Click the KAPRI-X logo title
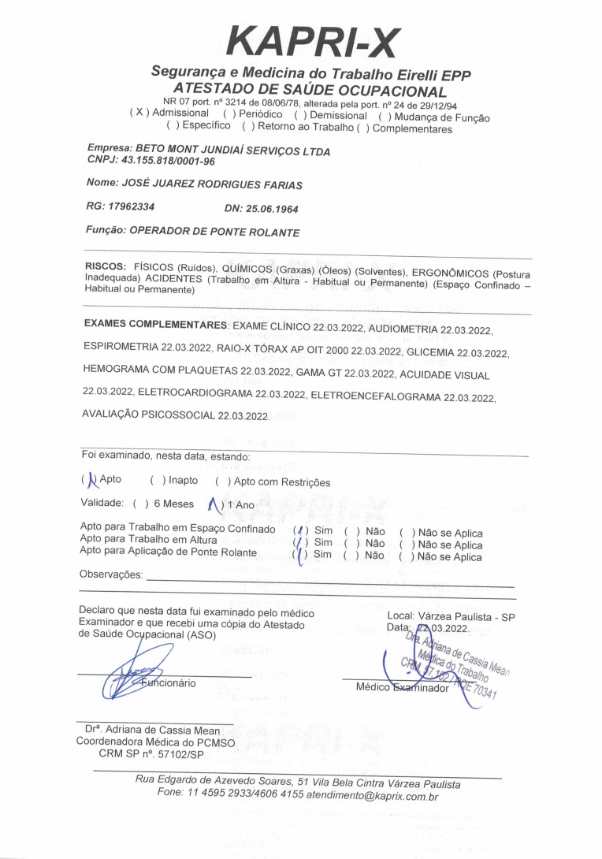[x=313, y=42]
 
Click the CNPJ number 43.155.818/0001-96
[x=165, y=161]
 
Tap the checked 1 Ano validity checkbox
[x=213, y=504]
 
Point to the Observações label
[x=111, y=575]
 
